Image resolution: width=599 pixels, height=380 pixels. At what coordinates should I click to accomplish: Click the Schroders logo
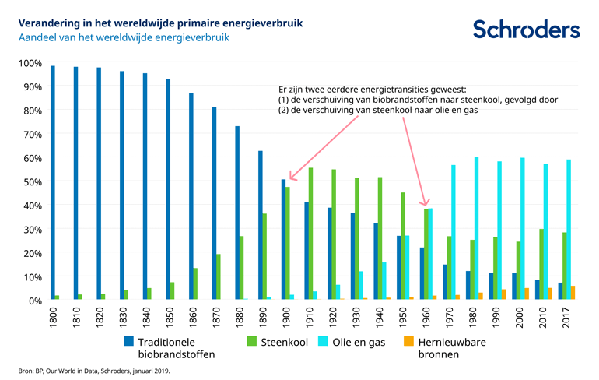click(x=526, y=30)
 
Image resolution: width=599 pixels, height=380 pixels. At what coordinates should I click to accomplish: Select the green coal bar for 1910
click(x=312, y=234)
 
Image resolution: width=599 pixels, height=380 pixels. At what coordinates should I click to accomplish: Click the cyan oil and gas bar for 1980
click(x=477, y=229)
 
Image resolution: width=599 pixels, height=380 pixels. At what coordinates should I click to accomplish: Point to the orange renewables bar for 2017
click(x=574, y=293)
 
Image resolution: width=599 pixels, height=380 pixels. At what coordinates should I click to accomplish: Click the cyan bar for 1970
click(x=454, y=233)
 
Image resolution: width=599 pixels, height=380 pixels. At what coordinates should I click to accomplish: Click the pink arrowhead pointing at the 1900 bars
click(x=291, y=175)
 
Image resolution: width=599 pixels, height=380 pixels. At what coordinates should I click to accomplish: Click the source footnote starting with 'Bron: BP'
click(x=93, y=371)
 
